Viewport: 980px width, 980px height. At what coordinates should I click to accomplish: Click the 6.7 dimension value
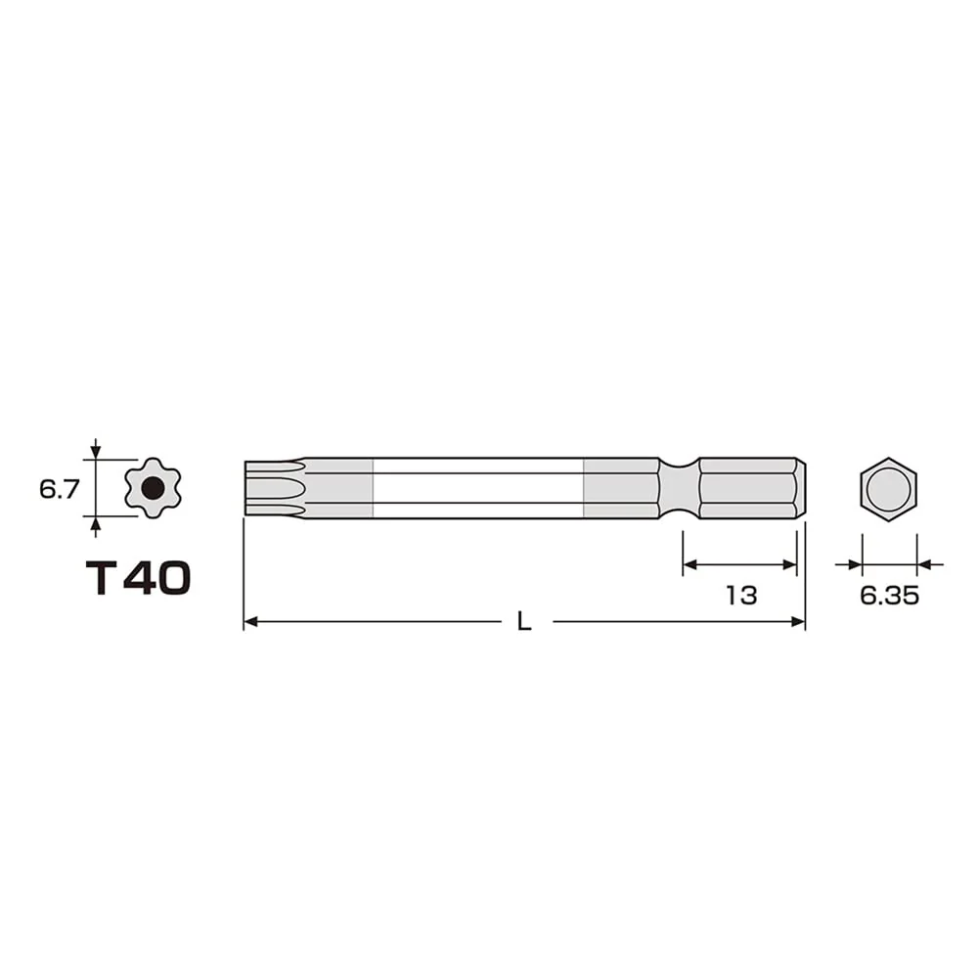tap(60, 489)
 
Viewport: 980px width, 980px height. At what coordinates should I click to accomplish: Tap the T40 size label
tap(138, 577)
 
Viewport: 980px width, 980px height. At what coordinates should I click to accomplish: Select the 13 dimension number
tap(741, 595)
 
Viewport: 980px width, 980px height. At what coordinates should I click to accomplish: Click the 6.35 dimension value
tap(889, 596)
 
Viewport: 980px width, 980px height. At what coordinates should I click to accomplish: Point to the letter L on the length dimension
tap(524, 621)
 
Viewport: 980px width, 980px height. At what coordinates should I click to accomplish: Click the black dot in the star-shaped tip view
tap(153, 487)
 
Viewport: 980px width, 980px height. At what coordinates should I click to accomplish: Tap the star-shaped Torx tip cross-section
tap(153, 487)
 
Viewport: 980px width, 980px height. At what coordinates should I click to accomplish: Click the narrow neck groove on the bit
tap(679, 488)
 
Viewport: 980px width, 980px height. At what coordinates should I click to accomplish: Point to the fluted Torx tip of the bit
tap(275, 488)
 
